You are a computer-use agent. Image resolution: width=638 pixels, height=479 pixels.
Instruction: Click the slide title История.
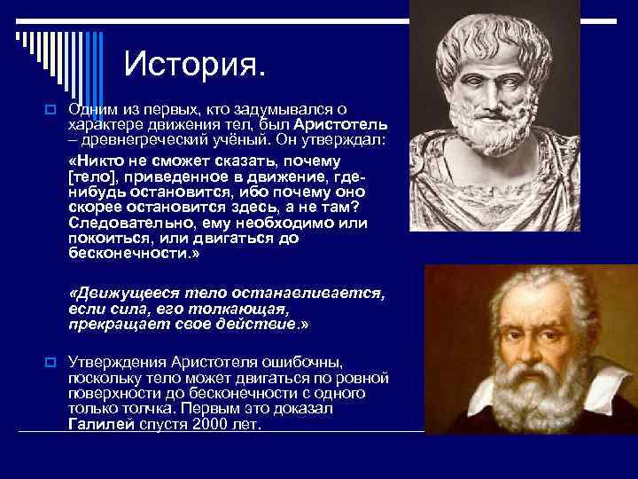pyautogui.click(x=194, y=64)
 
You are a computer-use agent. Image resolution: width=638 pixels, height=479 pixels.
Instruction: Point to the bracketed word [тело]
pyautogui.click(x=91, y=177)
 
